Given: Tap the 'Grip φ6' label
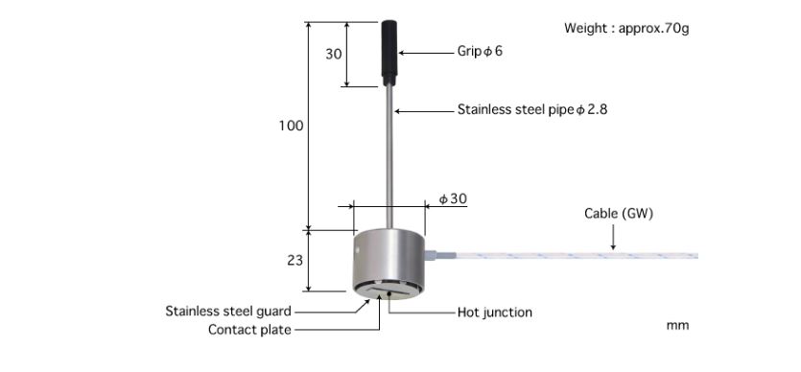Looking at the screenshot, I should [480, 51].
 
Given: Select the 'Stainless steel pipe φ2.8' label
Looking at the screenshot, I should [531, 110].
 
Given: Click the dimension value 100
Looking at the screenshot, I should [291, 127].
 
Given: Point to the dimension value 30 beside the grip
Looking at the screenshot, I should [333, 55].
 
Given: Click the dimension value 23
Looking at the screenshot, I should [294, 260].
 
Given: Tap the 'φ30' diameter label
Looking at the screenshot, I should [453, 198].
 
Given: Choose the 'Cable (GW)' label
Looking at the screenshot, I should [619, 214].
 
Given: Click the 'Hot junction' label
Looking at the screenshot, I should [494, 312].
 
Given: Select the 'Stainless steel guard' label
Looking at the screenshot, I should [228, 312].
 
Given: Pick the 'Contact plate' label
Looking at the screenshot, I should [249, 330].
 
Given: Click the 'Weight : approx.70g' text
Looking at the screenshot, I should [626, 29].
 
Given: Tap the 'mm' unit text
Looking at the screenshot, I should [677, 326].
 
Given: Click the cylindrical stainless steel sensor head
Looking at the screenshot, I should [389, 259].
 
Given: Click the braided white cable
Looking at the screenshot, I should [576, 256].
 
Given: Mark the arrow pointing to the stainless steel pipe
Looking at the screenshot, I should [422, 111].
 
